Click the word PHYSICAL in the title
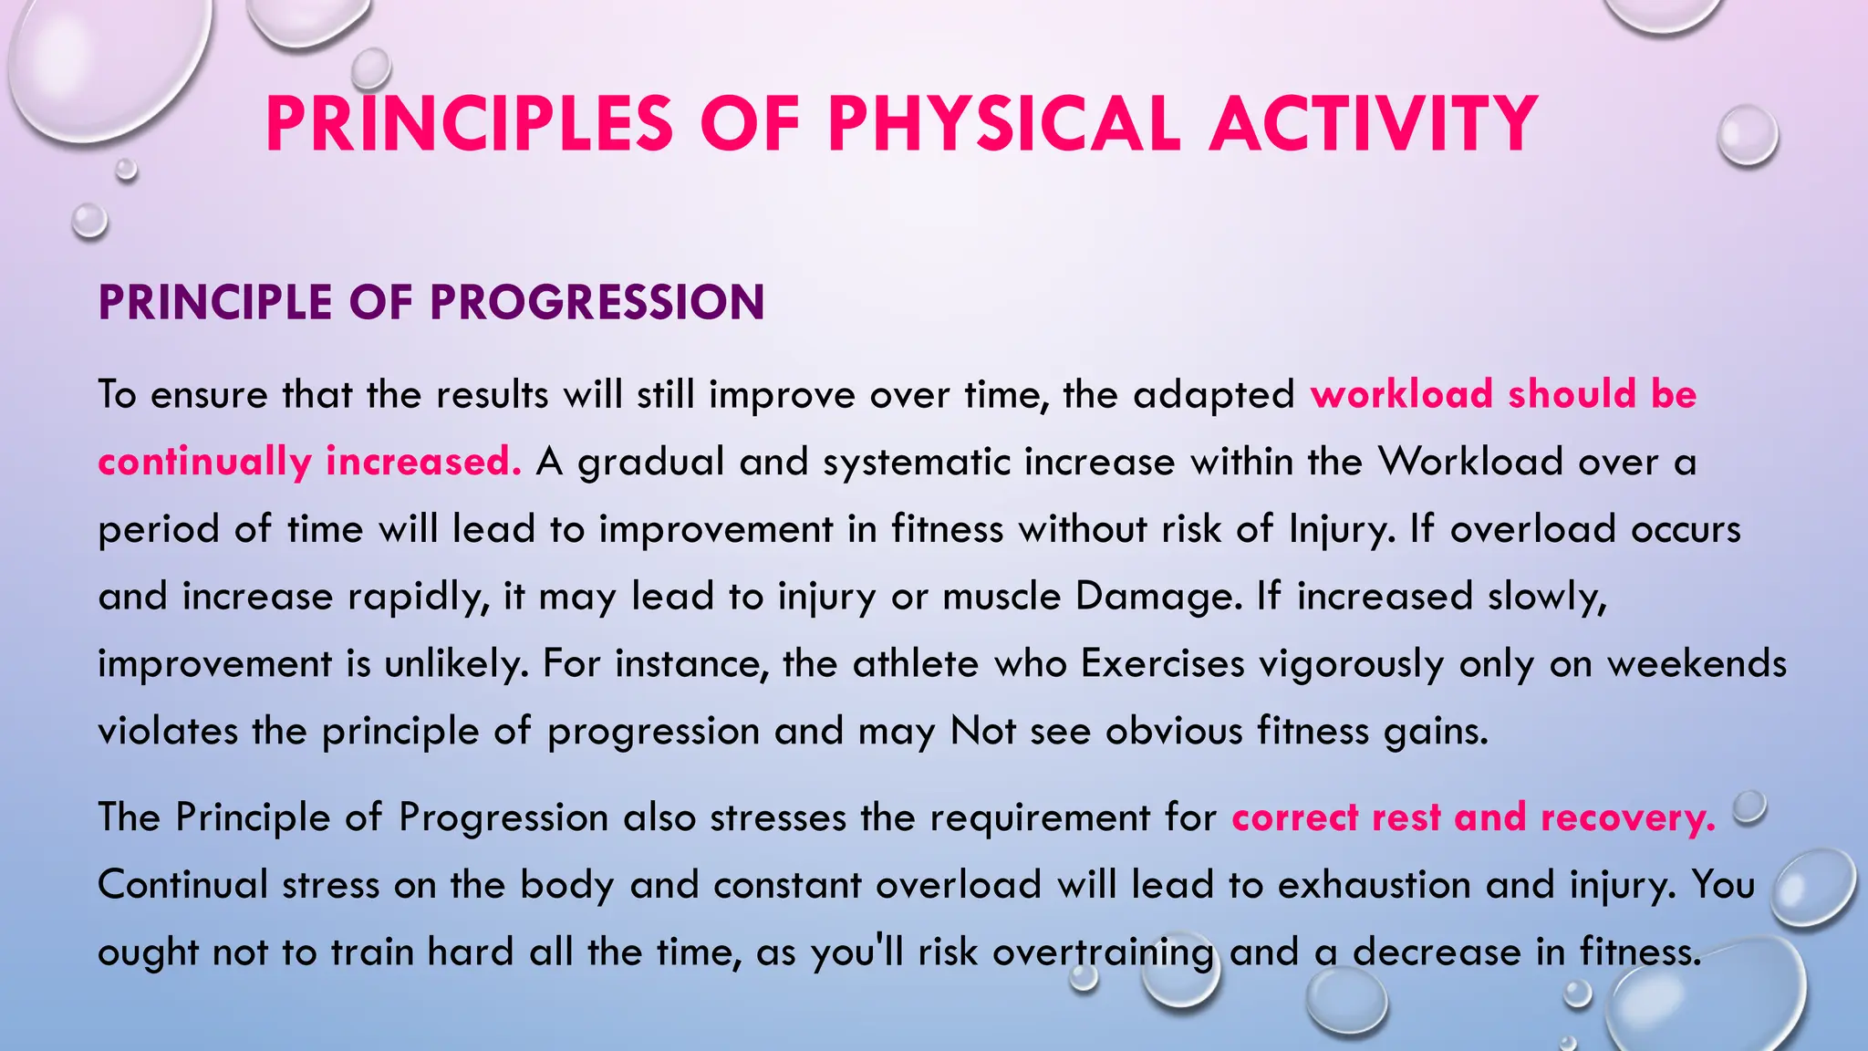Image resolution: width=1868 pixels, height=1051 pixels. (x=1004, y=125)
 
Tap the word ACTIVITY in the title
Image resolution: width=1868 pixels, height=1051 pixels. (x=1374, y=125)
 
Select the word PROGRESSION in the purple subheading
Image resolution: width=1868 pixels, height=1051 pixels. (x=597, y=303)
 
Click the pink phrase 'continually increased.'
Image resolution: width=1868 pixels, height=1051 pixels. (x=309, y=462)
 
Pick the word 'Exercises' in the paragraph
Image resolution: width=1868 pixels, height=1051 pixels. (x=1162, y=663)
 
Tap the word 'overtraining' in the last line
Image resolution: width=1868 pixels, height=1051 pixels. (x=1103, y=952)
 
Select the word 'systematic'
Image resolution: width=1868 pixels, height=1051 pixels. (x=917, y=462)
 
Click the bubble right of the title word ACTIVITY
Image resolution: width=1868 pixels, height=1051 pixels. (x=1747, y=135)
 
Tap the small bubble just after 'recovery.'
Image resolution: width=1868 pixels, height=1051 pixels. (x=1749, y=807)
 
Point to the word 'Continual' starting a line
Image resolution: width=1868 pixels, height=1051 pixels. (x=182, y=885)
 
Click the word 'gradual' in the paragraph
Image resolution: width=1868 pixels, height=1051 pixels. (x=651, y=462)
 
